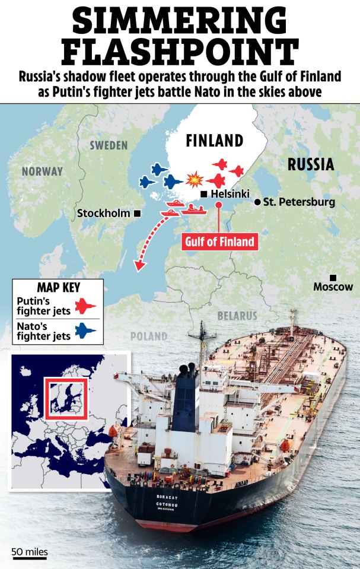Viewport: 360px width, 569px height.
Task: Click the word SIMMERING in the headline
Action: click(x=180, y=21)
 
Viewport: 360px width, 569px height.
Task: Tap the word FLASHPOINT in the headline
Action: click(x=180, y=53)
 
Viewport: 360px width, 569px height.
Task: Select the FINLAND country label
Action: click(x=214, y=141)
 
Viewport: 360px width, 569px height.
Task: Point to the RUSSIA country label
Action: click(x=310, y=164)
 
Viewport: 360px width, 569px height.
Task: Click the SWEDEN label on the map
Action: click(x=109, y=145)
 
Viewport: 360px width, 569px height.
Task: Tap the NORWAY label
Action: click(x=42, y=171)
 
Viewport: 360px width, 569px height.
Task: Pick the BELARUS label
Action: click(x=237, y=316)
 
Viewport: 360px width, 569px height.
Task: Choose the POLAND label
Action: click(x=149, y=336)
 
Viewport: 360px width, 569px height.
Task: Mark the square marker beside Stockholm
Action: click(x=137, y=213)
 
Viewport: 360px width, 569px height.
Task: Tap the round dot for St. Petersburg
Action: click(x=257, y=202)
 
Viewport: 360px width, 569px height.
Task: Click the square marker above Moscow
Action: click(x=333, y=278)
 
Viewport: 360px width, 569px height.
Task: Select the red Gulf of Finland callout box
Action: click(x=219, y=241)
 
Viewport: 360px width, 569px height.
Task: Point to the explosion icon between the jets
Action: click(x=193, y=178)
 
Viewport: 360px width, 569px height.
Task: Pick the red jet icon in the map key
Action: click(x=87, y=307)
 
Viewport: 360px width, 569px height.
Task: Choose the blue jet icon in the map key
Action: click(x=87, y=330)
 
